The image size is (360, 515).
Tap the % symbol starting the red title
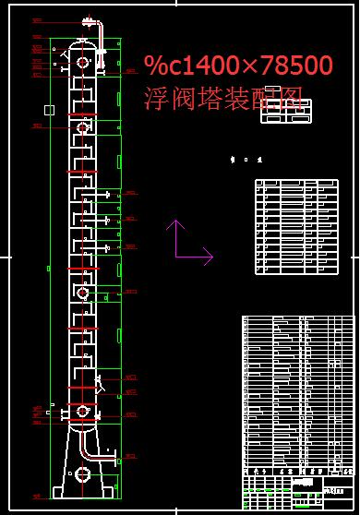coord(153,66)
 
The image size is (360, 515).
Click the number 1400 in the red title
coord(209,66)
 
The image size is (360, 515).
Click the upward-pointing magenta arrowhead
coord(175,224)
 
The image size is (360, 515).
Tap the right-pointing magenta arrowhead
coord(208,256)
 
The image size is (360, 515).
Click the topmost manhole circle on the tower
coord(83,63)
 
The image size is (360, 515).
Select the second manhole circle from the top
coord(83,127)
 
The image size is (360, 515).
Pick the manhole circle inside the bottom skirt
coord(82,474)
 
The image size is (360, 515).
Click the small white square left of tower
coord(49,111)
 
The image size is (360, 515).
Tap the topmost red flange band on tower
coord(83,76)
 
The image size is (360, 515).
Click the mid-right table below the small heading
coord(295,226)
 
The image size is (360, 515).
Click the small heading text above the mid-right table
coord(246,160)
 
